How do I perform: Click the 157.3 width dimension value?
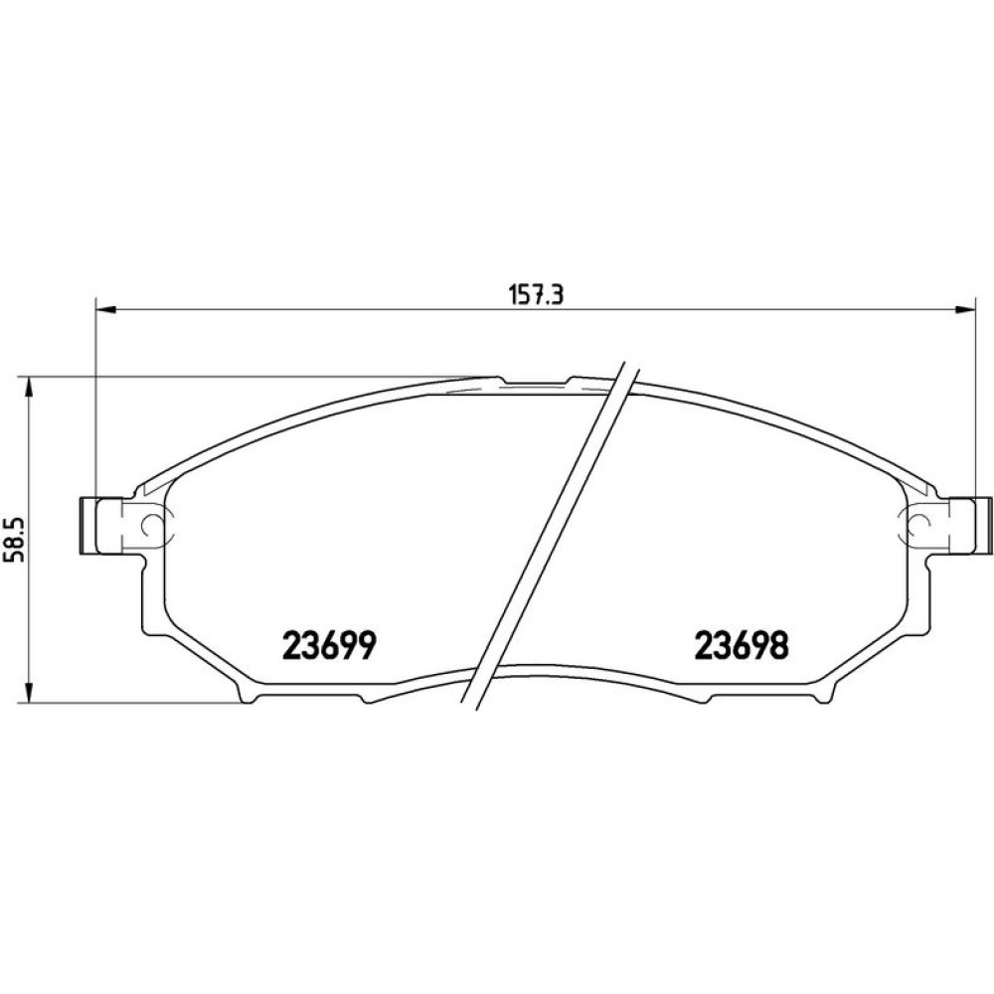[536, 295]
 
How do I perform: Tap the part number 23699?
[330, 646]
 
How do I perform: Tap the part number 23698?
[742, 646]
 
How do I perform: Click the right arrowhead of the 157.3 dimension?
[964, 309]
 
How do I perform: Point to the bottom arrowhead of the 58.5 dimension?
[27, 692]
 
